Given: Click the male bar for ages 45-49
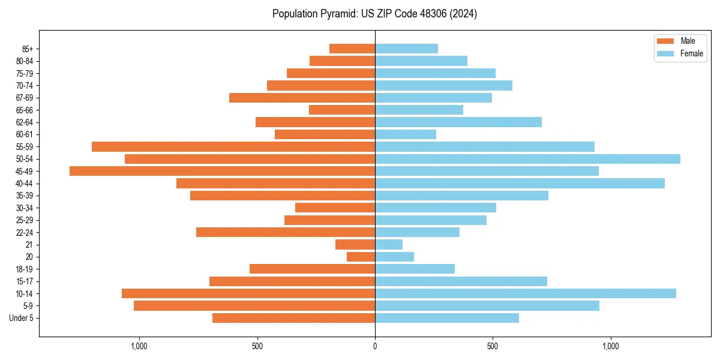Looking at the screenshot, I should tap(222, 171).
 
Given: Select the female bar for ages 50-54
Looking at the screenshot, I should tap(527, 159).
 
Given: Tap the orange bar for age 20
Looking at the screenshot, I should tap(361, 257).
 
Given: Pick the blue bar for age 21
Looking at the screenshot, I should tap(389, 245).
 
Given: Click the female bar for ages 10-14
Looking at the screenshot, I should tap(526, 293).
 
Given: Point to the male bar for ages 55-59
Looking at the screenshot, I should tap(233, 147).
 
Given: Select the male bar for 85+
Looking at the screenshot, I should tap(352, 49).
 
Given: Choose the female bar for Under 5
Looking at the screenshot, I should tap(447, 318).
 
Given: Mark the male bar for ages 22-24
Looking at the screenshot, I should tap(286, 232).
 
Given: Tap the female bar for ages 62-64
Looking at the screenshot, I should tap(458, 122).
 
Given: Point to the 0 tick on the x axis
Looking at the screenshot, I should tap(375, 346).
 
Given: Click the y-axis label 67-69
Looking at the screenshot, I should tap(25, 98).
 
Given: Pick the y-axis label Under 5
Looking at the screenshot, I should tap(22, 318).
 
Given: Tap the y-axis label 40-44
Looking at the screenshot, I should tap(25, 184).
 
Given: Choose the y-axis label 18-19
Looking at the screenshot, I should tap(25, 269).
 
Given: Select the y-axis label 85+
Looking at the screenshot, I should tap(27, 49).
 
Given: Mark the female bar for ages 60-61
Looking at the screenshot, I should tap(406, 134).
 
